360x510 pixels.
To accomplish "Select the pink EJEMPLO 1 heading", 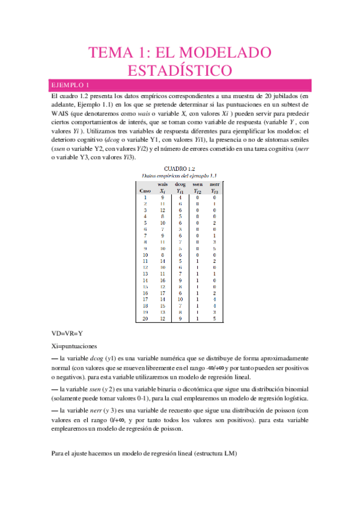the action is (71, 85).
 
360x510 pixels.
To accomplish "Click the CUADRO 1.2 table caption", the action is (179, 169).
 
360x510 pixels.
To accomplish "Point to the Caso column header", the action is (145, 190).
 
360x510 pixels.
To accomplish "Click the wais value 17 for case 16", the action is (162, 293).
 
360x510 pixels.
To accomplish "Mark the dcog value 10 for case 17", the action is (180, 300).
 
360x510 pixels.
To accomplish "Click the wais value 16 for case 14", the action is (162, 280).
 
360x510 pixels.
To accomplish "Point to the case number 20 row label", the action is (145, 319).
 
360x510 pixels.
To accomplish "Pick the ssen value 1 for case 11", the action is (197, 262).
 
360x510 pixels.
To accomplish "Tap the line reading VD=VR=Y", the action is (67, 333).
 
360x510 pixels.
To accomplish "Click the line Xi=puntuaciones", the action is (75, 346).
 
